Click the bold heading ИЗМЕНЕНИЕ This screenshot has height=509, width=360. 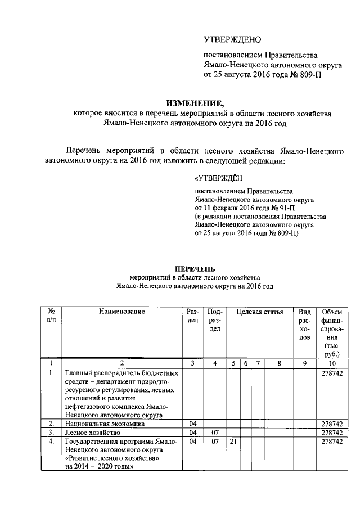[x=194, y=102]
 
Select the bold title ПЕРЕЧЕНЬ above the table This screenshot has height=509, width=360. [x=194, y=268]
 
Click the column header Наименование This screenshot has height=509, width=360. [x=121, y=312]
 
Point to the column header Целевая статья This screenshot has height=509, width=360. [x=260, y=312]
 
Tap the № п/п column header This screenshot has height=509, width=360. [x=51, y=316]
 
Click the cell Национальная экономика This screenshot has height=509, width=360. [x=100, y=423]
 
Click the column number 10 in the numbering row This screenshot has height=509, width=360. [x=334, y=363]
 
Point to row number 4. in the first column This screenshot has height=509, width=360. [x=51, y=442]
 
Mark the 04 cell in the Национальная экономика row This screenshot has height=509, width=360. [x=192, y=423]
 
